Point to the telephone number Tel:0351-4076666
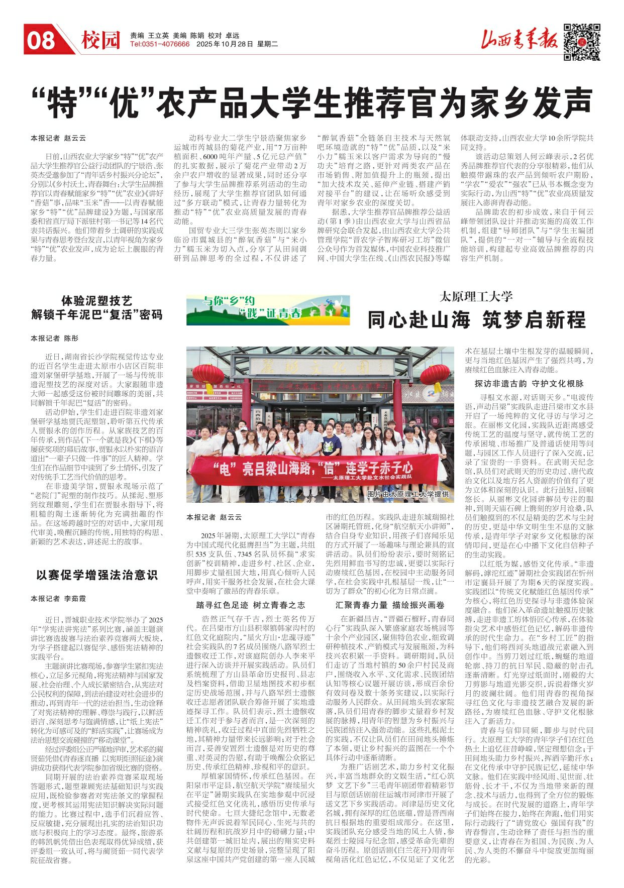(160, 44)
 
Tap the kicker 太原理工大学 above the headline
(476, 296)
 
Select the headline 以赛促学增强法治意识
(97, 575)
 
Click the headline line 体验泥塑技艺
(97, 301)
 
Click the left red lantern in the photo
(209, 375)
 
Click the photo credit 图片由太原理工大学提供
(407, 495)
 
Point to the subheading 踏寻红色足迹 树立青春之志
(251, 605)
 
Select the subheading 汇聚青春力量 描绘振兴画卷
(390, 605)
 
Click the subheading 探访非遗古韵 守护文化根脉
(529, 384)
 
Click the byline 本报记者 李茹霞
(58, 599)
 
